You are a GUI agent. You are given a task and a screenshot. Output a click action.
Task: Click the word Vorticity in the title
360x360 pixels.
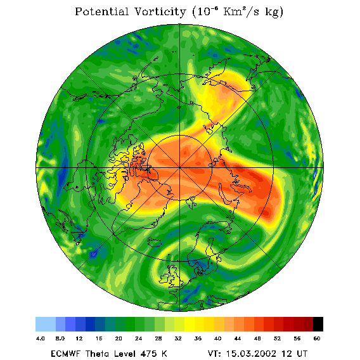tap(160, 11)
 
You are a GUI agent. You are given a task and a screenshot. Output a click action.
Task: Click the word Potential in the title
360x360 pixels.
tap(101, 11)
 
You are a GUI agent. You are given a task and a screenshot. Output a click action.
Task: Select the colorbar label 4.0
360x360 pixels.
tap(40, 338)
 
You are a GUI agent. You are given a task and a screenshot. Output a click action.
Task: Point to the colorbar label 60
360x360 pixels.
tap(317, 338)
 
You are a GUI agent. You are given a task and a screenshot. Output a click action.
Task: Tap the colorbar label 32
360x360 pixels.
tap(178, 338)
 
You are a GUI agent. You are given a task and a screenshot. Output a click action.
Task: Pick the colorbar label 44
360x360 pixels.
tap(238, 338)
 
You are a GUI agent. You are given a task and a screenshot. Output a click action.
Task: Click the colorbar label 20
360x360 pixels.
tap(119, 338)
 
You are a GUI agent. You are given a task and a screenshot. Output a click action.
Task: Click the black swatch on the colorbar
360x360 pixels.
tap(318, 324)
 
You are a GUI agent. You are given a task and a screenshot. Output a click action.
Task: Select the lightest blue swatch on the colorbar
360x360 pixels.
tap(46, 324)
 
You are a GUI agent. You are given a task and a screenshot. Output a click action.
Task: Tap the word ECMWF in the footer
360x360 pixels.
tap(65, 354)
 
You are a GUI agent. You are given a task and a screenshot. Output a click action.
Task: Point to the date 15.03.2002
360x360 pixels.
tap(251, 354)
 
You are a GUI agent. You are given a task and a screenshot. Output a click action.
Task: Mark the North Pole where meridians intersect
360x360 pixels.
tap(179, 168)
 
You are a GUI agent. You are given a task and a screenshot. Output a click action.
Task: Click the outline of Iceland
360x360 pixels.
tap(155, 241)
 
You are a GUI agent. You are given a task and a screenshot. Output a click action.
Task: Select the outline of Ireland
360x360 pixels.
tap(164, 279)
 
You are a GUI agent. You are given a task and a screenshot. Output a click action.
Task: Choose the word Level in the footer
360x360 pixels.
tap(125, 354)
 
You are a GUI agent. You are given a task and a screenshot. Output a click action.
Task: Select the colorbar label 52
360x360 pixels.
tap(277, 338)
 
